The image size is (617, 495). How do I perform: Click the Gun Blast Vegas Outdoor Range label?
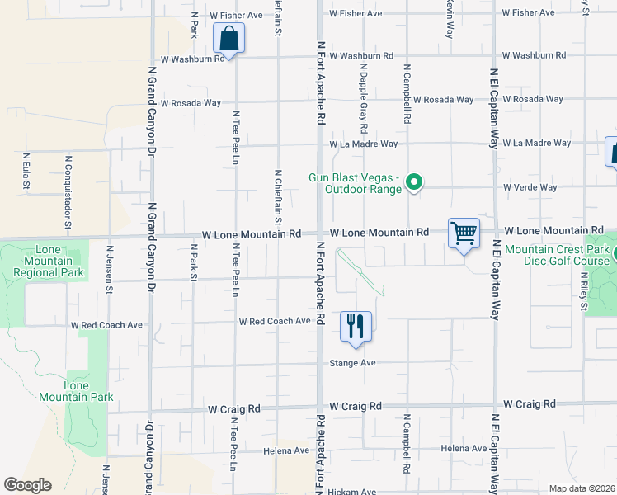(355, 183)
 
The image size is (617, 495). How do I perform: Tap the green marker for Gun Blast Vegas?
(416, 183)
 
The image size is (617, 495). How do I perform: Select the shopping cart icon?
(464, 233)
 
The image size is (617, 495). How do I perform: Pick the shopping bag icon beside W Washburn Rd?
(228, 38)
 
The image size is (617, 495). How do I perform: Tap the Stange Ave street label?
(352, 363)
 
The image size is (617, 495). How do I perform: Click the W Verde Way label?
(530, 187)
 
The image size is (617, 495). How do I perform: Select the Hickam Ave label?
(351, 492)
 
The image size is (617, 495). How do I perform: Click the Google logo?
(27, 485)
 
